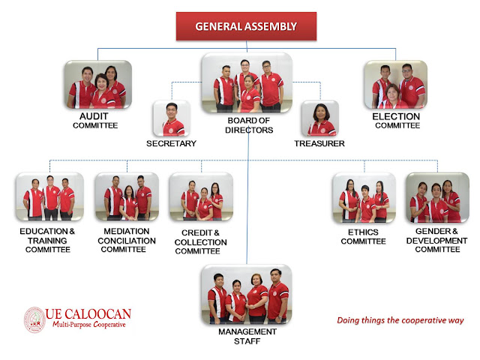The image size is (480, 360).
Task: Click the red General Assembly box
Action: [246, 26]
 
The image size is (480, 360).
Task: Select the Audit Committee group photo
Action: [97, 85]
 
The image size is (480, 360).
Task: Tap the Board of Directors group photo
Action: [247, 82]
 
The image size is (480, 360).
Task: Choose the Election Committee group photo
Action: [395, 85]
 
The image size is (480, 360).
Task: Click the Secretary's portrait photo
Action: [172, 118]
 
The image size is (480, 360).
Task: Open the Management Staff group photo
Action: [246, 293]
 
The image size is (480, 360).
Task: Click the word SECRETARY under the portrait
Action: [172, 143]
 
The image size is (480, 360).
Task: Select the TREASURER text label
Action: [319, 143]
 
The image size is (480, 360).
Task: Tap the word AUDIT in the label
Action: [95, 117]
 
